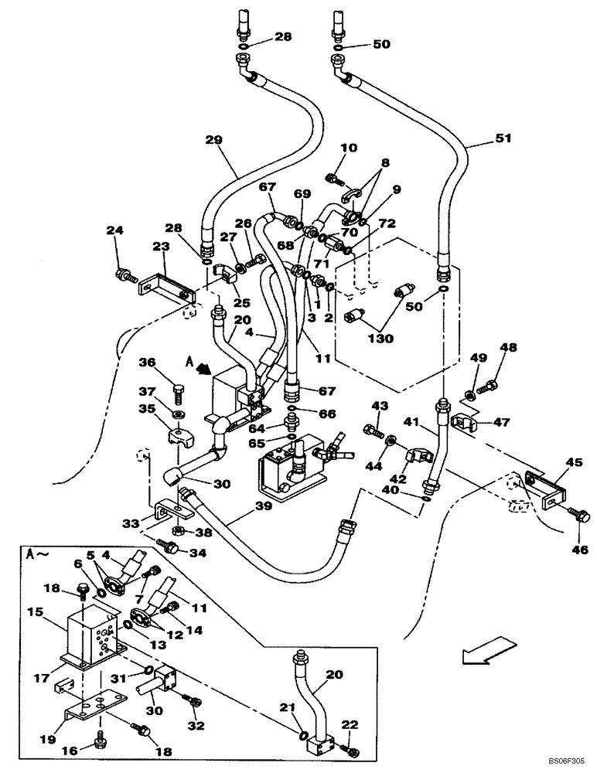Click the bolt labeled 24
tap(124, 274)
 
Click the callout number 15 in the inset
tap(35, 612)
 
